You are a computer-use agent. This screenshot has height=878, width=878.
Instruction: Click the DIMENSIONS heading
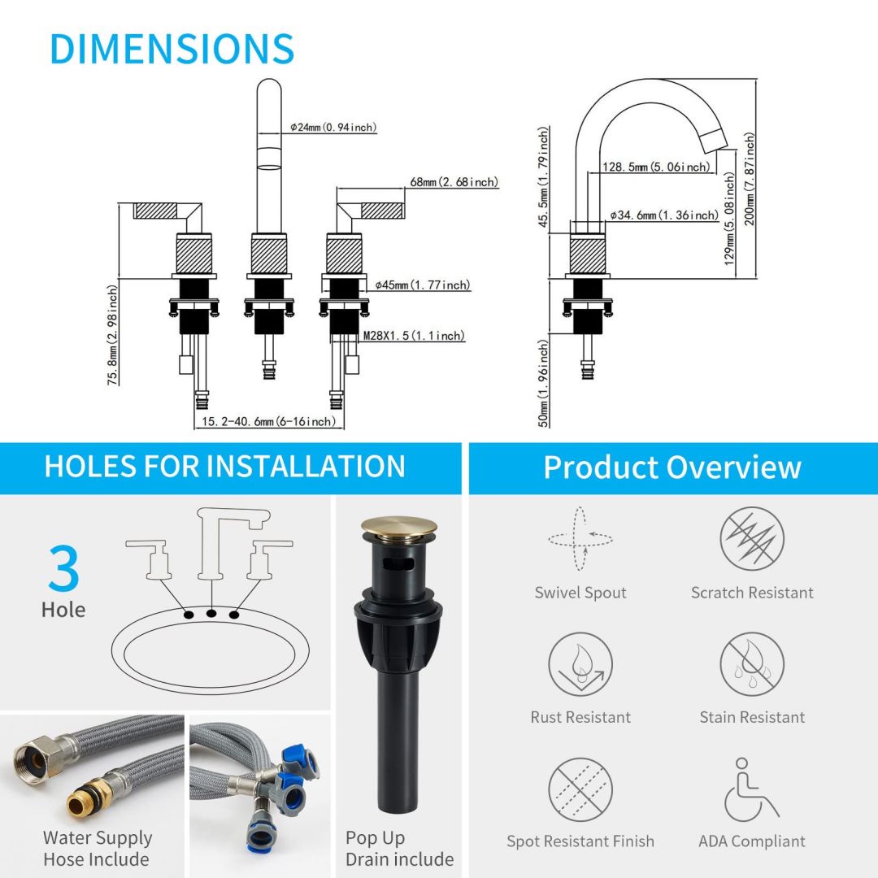point(172,49)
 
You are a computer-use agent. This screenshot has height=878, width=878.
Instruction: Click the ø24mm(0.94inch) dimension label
point(333,128)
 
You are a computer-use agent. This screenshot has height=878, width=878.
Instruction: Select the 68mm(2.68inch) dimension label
point(454,182)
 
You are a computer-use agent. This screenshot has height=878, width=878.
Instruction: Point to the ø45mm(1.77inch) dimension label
point(423,285)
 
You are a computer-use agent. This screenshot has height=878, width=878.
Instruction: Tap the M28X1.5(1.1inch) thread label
point(414,336)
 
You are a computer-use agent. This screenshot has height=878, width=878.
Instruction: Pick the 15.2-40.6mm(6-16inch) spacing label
point(268,421)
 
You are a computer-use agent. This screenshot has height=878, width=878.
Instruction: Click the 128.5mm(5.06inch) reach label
point(657,167)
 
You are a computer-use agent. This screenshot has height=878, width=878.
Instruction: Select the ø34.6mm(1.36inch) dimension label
point(664,215)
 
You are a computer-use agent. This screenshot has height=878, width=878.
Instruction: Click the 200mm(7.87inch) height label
point(750,179)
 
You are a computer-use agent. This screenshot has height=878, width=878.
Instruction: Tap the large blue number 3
point(63,570)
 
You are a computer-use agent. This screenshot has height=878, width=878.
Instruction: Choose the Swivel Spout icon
point(580,538)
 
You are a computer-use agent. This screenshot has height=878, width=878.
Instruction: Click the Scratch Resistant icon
point(752,538)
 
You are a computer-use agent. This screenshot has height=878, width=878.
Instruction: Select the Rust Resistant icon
point(580,663)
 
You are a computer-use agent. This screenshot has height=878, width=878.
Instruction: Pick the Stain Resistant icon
point(752,663)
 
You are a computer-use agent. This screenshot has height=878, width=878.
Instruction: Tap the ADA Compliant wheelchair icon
point(751,789)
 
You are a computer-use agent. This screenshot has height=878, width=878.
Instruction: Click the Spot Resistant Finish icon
point(580,789)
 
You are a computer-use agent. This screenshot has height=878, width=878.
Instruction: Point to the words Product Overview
point(672,467)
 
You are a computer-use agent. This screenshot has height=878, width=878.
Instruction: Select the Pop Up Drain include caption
point(399,848)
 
